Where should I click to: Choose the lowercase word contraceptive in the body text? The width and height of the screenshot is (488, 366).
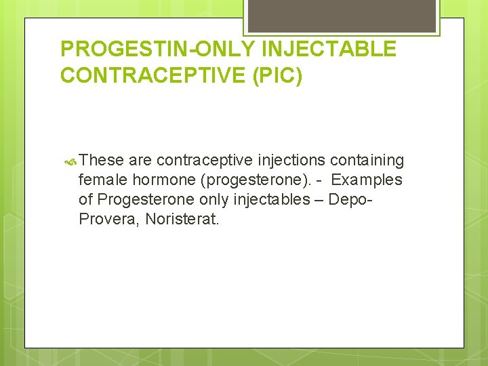205,161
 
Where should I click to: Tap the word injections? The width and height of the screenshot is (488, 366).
292,161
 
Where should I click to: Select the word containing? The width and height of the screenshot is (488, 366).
367,161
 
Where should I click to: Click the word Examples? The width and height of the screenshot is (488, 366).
367,180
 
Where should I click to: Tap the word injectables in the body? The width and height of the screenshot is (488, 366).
269,200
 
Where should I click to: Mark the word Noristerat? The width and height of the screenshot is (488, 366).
182,220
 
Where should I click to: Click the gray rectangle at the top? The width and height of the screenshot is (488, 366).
342,16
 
